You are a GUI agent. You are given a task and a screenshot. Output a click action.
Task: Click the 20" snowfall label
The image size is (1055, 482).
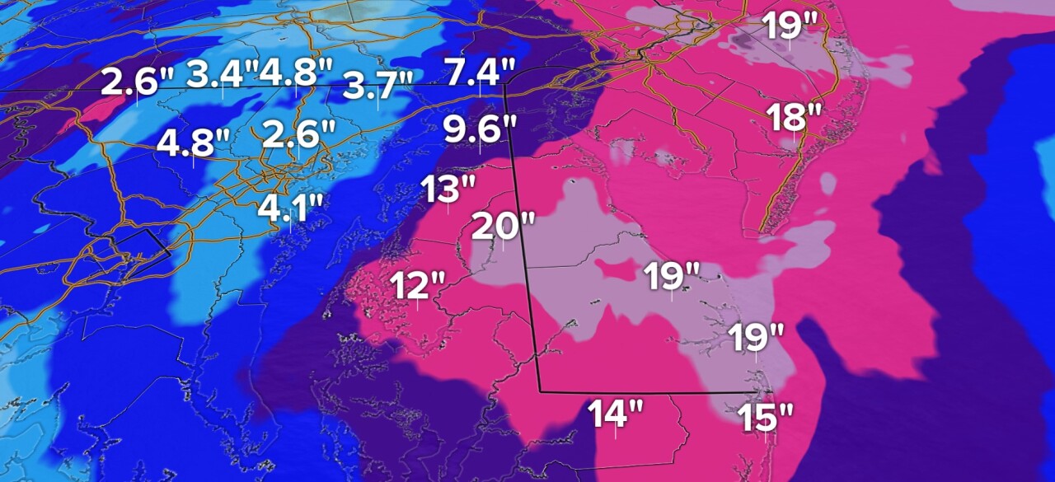(504, 225)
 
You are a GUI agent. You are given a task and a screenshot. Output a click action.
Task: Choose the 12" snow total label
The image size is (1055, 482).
(417, 287)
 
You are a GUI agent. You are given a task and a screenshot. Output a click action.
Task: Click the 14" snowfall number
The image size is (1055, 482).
(615, 413)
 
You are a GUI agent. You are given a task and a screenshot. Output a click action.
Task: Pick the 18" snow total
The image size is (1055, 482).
(790, 118)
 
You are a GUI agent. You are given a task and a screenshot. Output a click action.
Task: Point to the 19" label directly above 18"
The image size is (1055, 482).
(789, 26)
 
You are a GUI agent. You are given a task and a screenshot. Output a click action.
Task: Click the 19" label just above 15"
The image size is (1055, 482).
(756, 337)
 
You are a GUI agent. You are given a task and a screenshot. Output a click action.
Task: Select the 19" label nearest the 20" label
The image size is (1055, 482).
(672, 275)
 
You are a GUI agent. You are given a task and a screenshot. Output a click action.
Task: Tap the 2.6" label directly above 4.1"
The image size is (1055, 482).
(299, 133)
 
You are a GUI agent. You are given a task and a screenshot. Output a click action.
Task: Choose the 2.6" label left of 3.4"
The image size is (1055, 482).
(138, 82)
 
